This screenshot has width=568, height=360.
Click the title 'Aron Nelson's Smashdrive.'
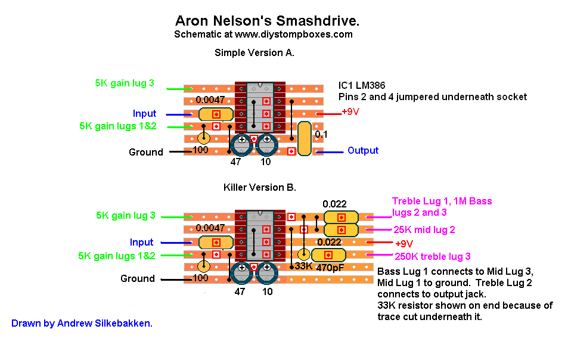click(x=268, y=21)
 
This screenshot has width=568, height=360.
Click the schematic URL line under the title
click(x=263, y=35)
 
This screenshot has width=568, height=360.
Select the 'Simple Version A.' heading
click(x=254, y=53)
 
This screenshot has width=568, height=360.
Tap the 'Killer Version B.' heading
click(x=259, y=187)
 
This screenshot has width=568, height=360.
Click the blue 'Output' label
click(x=363, y=151)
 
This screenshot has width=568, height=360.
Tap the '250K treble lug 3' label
click(x=433, y=257)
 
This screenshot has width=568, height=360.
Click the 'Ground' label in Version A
click(x=146, y=152)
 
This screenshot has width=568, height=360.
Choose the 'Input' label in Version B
click(x=142, y=243)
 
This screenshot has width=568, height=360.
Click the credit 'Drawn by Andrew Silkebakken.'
click(x=82, y=324)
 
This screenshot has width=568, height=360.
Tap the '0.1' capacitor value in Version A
click(x=321, y=135)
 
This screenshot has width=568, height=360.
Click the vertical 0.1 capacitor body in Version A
click(x=304, y=138)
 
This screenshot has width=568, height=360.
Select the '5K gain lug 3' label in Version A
click(x=125, y=83)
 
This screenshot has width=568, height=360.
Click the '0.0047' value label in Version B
click(x=210, y=228)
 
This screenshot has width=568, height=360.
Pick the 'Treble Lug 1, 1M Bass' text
click(x=442, y=201)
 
